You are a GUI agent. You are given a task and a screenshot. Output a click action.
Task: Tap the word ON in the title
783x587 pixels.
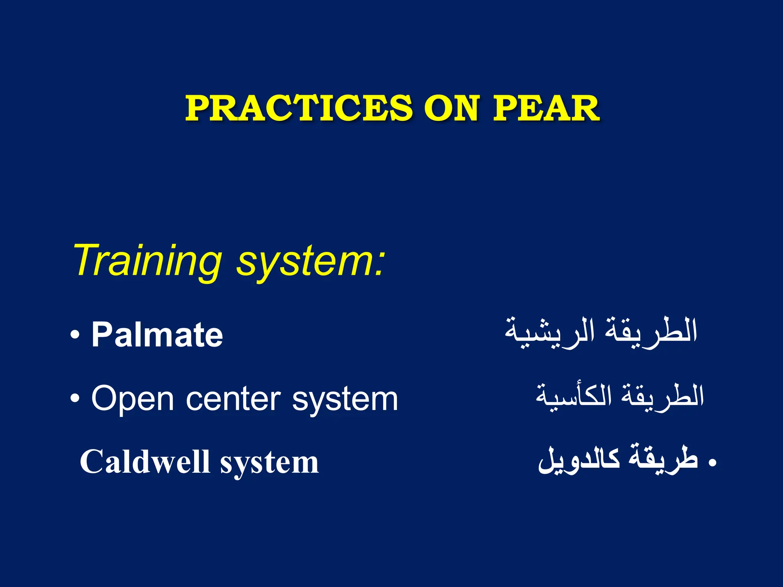[x=451, y=109]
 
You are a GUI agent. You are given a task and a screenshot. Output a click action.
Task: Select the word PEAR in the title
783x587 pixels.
[x=546, y=109]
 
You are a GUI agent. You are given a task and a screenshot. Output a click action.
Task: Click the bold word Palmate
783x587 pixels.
[x=157, y=335]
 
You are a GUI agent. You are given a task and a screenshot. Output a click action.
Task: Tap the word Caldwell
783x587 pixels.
[x=145, y=462]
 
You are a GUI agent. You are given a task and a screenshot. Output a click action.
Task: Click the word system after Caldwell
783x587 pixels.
[x=269, y=464]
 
